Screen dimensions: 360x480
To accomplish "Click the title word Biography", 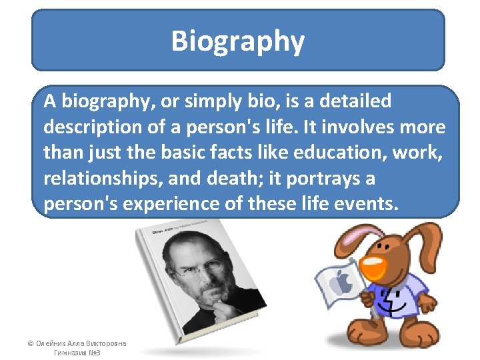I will [x=238, y=41].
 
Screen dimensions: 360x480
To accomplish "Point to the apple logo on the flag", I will [x=343, y=283].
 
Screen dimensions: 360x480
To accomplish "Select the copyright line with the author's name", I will [x=76, y=343].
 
